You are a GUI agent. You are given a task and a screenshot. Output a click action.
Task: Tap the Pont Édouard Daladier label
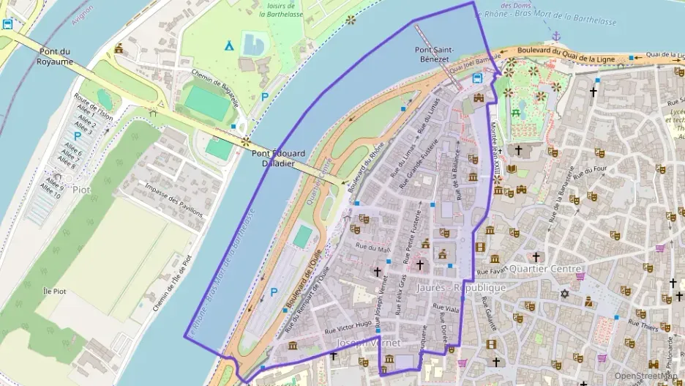point(278,158)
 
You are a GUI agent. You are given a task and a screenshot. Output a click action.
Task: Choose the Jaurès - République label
point(461,288)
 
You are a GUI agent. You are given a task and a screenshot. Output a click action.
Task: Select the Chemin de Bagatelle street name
point(215,87)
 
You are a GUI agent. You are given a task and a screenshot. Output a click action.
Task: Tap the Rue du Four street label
point(591,177)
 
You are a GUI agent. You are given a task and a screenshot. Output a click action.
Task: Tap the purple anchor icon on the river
point(556,35)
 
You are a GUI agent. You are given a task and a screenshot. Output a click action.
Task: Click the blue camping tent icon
point(229,45)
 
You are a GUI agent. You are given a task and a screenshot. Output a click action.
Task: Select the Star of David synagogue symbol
point(564,294)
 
